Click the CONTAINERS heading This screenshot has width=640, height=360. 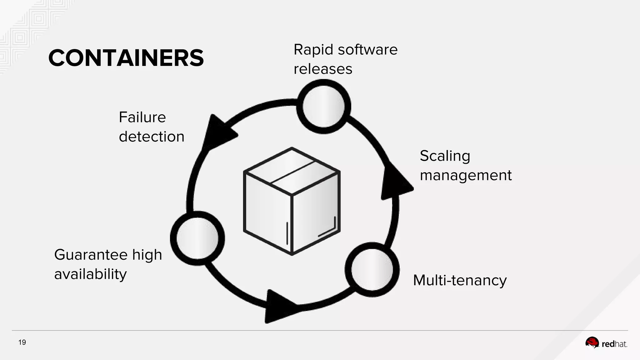[x=126, y=58]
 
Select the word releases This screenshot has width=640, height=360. [x=323, y=69]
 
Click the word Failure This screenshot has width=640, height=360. [x=142, y=117]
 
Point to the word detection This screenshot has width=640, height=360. [x=152, y=137]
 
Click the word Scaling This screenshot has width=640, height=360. [x=445, y=156]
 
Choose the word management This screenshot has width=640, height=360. [x=465, y=175]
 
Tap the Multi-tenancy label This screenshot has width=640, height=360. [x=459, y=280]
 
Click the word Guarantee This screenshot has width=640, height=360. [x=91, y=255]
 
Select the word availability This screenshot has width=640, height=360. [x=90, y=274]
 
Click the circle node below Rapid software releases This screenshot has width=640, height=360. [x=323, y=107]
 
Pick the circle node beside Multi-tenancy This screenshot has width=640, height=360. [x=372, y=270]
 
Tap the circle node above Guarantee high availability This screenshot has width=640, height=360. [x=197, y=238]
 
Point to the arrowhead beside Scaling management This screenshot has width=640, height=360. [x=395, y=183]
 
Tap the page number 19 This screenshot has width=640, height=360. [x=22, y=342]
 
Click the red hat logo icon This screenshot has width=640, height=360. [x=592, y=343]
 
